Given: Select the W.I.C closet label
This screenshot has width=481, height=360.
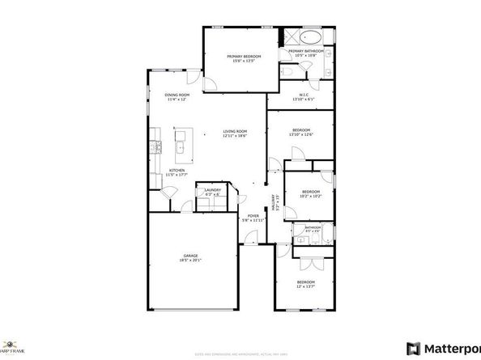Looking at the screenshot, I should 304,94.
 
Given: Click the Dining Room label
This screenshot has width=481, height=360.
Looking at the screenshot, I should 177,95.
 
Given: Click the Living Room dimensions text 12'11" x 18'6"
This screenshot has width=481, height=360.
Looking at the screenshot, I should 235,136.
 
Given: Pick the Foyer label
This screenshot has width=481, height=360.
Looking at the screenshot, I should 253,215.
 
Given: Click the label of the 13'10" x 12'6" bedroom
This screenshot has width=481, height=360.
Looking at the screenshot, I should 300,129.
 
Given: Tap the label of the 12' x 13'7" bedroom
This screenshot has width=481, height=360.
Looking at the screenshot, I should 304,282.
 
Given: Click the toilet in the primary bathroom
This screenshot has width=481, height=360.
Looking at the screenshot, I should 289,73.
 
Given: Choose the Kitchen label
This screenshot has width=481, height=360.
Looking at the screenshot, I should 177,171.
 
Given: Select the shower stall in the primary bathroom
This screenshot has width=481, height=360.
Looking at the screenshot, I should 289,37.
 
